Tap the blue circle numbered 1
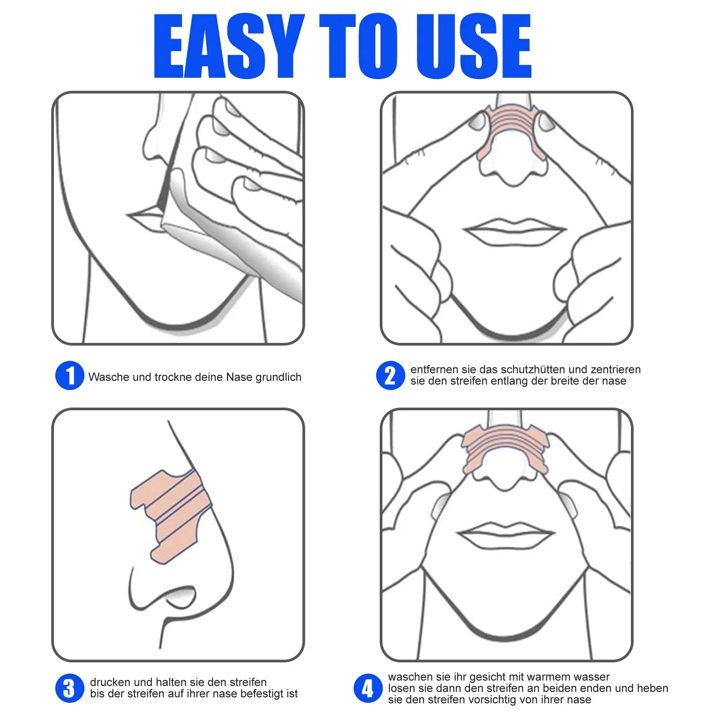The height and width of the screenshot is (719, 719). point(70,375)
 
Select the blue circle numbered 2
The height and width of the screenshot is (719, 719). point(390,375)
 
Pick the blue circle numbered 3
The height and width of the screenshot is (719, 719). point(70,688)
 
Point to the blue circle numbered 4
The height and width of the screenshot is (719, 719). point(368,688)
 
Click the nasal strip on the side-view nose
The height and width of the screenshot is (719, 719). point(171,512)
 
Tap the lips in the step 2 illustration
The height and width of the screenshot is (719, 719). point(515,231)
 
